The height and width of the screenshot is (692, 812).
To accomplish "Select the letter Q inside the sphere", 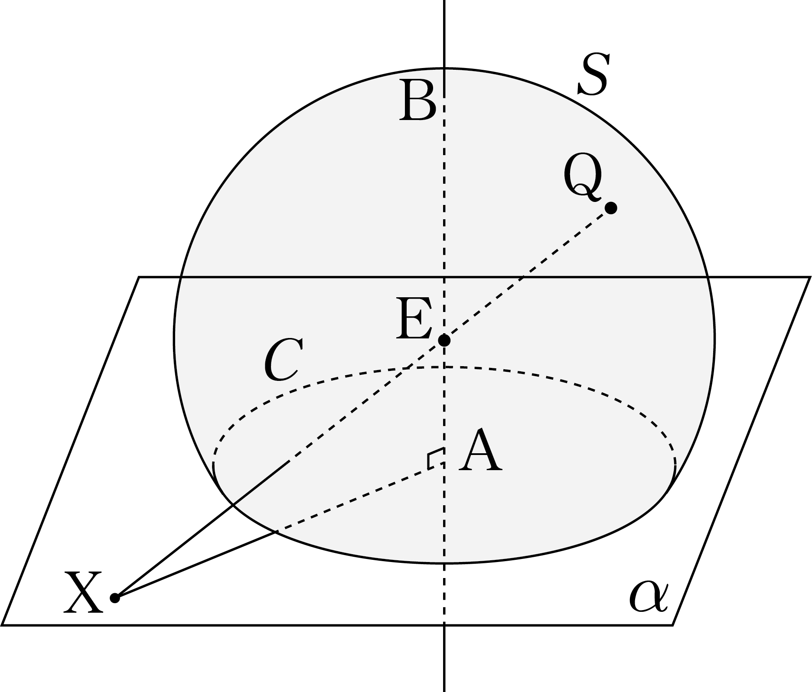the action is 584,177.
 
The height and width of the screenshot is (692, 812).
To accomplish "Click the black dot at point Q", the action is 611,208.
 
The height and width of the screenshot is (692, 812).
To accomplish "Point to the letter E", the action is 414,318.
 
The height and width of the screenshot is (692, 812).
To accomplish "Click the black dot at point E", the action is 444,341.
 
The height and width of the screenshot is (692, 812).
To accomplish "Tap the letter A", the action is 481,451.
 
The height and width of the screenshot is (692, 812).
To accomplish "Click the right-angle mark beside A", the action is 435,458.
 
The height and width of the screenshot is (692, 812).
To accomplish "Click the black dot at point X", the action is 114,598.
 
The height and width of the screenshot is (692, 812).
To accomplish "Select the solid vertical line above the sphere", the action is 444,34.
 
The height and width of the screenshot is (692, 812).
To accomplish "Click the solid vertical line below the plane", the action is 444,659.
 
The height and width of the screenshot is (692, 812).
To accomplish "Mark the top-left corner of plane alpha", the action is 139,276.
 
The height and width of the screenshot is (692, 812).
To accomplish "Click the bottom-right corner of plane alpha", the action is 672,625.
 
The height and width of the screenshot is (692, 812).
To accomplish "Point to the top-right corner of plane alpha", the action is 810,276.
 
